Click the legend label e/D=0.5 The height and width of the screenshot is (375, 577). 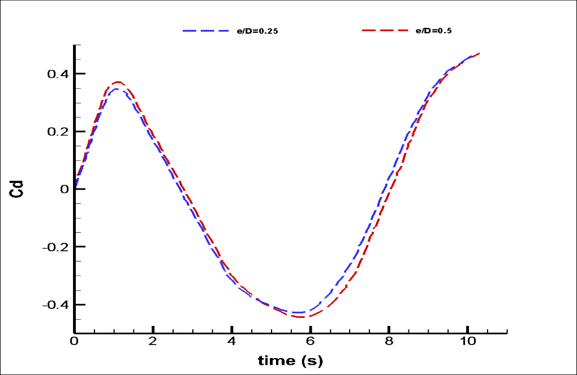433,31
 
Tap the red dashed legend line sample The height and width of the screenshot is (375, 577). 385,31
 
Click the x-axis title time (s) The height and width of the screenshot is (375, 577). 291,360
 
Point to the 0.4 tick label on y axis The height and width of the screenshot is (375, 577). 58,74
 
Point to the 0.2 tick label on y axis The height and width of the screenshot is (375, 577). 58,132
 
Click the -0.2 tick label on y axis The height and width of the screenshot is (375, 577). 55,247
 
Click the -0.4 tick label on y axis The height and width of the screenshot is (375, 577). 55,304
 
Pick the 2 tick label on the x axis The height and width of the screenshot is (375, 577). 153,342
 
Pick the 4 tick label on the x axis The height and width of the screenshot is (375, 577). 231,342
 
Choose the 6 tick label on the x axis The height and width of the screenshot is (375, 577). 310,342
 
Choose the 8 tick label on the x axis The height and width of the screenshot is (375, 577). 389,342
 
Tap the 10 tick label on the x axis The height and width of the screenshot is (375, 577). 467,342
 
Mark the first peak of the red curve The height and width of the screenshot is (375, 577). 118,82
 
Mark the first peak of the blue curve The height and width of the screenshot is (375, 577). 117,89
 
